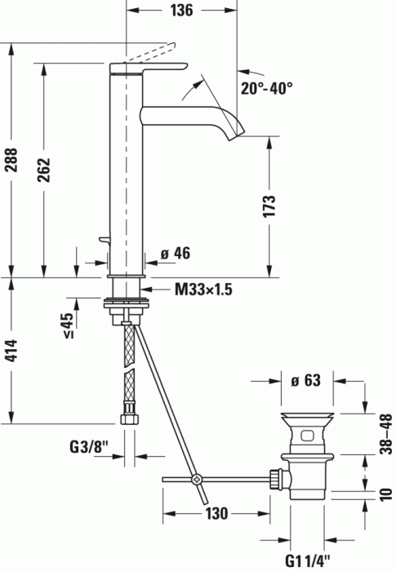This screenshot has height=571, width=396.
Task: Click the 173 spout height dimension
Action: coord(270,205)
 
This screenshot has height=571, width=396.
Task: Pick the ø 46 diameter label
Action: coord(175,254)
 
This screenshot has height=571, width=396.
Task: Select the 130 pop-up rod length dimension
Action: coord(216,514)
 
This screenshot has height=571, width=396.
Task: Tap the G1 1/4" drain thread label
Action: coord(309,560)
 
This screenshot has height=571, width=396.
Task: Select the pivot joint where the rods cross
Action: coord(196,480)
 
